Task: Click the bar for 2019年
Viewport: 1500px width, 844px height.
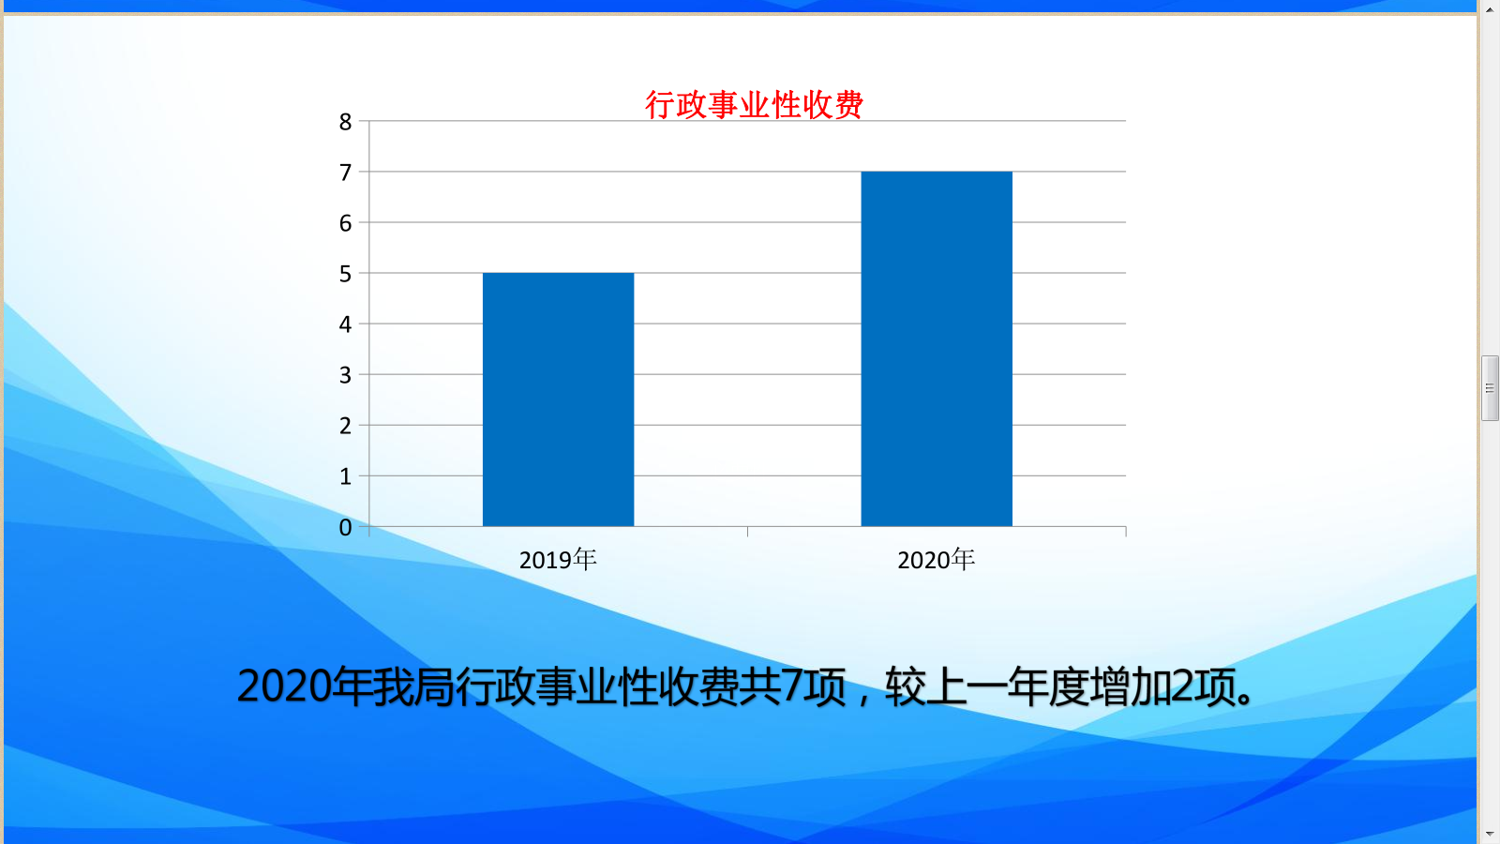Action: click(x=558, y=399)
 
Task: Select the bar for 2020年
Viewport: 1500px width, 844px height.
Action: click(x=937, y=349)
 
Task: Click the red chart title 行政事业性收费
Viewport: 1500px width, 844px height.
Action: click(x=754, y=105)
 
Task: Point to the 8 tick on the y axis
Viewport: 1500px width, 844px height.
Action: click(x=345, y=122)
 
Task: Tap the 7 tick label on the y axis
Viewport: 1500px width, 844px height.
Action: click(x=345, y=173)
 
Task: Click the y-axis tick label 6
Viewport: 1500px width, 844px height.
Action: click(x=345, y=223)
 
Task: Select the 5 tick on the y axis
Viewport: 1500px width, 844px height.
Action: click(x=345, y=274)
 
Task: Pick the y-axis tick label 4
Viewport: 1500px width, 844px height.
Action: click(x=345, y=324)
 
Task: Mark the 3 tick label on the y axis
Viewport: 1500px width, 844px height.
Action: click(x=345, y=375)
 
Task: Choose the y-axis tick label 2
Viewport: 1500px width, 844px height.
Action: click(x=345, y=426)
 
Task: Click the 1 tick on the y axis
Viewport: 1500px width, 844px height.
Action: click(x=345, y=477)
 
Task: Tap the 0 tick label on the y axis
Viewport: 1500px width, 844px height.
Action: click(x=345, y=528)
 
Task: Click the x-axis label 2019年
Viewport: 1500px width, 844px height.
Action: click(x=558, y=559)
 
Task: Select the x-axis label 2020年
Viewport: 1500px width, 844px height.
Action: click(x=937, y=559)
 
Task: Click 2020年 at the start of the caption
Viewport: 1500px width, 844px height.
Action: click(x=305, y=686)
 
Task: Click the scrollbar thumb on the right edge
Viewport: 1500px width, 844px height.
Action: click(x=1490, y=388)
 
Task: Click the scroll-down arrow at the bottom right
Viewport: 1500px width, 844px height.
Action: click(x=1490, y=835)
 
